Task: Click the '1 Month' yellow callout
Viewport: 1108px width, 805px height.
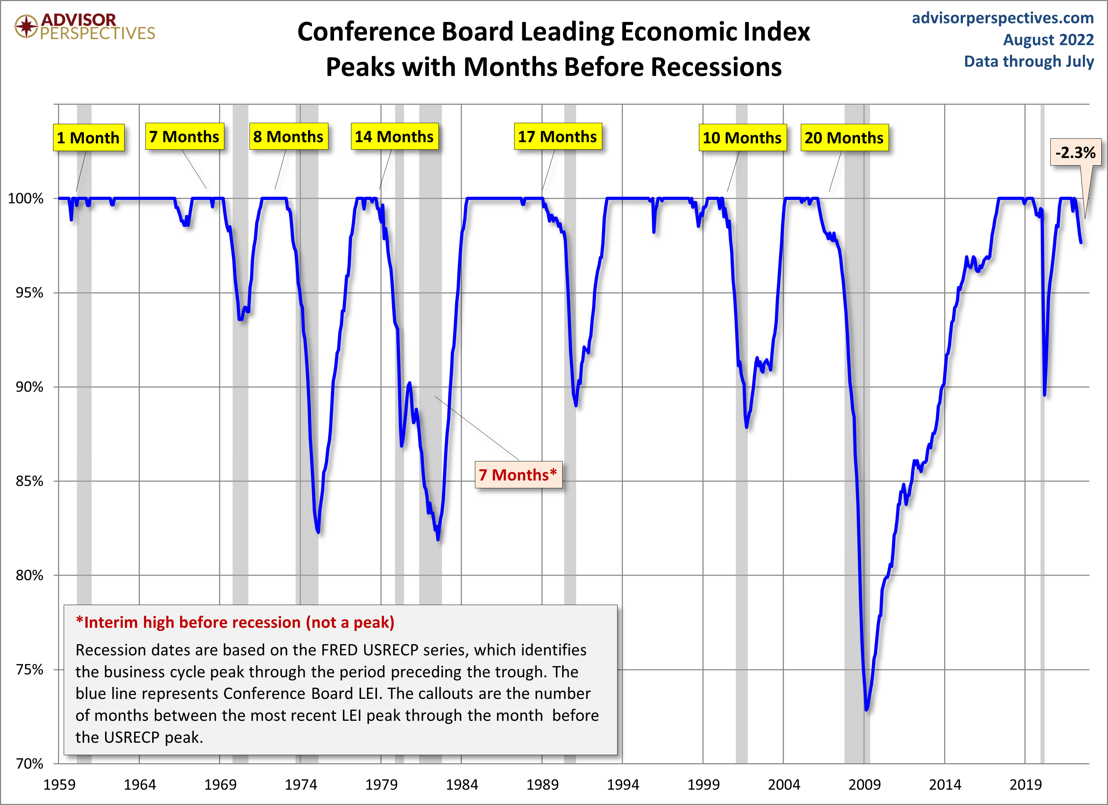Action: [88, 138]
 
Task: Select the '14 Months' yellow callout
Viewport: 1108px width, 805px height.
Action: [394, 137]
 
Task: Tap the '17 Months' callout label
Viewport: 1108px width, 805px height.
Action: [557, 137]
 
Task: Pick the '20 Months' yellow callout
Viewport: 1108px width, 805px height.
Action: [844, 138]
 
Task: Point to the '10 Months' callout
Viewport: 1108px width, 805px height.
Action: [742, 138]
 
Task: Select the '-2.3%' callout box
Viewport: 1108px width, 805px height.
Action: [1075, 153]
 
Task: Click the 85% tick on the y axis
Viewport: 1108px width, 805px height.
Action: [29, 481]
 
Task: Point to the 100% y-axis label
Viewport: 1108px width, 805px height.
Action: [25, 198]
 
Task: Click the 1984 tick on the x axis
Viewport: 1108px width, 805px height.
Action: [462, 784]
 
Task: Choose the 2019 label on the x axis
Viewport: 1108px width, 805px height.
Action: [1026, 784]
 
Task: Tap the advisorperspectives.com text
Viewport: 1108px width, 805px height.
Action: [1003, 18]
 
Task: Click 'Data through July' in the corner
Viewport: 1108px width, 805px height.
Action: [1028, 62]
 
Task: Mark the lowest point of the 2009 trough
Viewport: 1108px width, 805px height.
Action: [866, 709]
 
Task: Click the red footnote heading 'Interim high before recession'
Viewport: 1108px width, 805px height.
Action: [235, 622]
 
